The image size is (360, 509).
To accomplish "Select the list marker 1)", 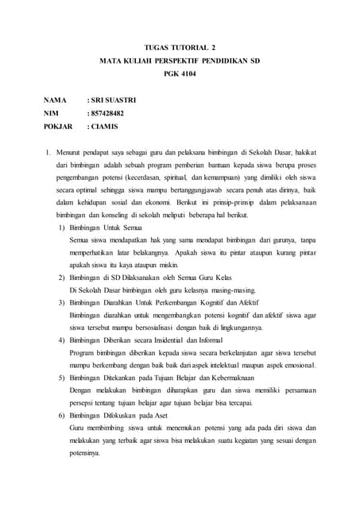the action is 63,227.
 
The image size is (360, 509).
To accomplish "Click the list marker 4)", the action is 63,340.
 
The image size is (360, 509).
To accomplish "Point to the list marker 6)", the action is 63,416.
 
